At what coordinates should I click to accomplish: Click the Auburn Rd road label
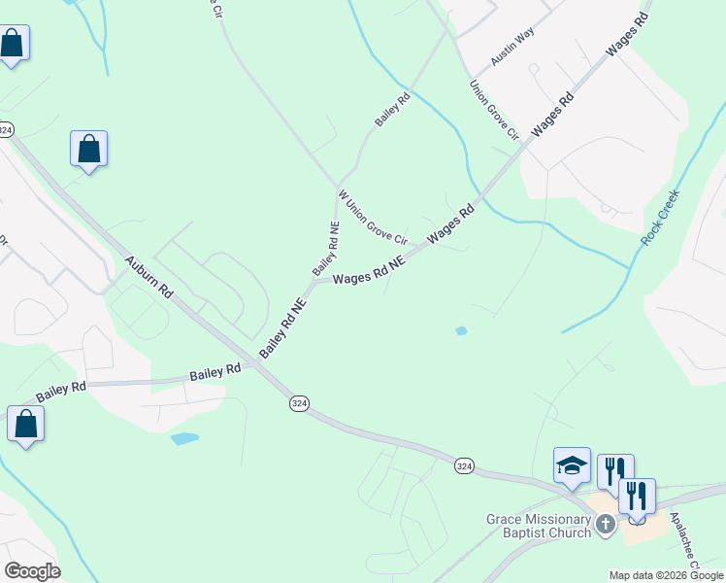click(x=148, y=278)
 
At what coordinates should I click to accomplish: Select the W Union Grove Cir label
click(x=372, y=219)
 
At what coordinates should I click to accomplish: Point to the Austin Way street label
click(x=512, y=47)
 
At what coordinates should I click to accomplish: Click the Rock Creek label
click(x=661, y=216)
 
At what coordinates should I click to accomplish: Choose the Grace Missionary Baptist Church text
click(x=539, y=526)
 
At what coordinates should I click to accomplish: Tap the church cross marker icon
click(x=606, y=526)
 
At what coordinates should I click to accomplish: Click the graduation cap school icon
click(x=572, y=465)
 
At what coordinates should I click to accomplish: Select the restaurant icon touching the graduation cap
click(x=614, y=471)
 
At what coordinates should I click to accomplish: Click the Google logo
click(x=32, y=571)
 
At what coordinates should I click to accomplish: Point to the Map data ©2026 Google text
click(x=666, y=575)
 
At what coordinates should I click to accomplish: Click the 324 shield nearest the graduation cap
click(x=464, y=467)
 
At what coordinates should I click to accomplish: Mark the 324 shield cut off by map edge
click(x=6, y=129)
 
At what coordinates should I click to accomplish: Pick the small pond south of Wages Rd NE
click(x=461, y=331)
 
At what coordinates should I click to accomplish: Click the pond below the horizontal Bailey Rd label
click(x=184, y=439)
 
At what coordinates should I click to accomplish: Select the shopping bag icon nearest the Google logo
click(x=25, y=425)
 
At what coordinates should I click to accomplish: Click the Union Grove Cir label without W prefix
click(x=495, y=109)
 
